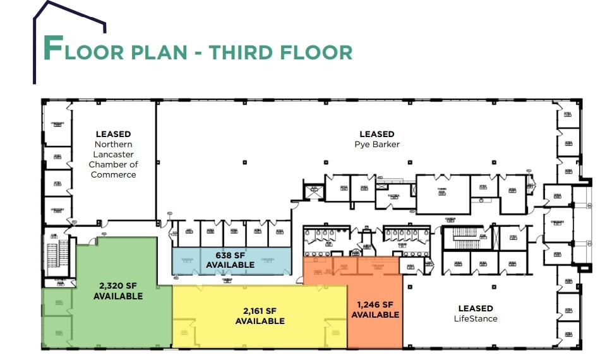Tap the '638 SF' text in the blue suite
(231, 255)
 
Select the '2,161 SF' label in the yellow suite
(260, 311)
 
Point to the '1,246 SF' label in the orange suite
(375, 304)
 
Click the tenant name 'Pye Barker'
(377, 144)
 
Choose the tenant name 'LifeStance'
(476, 318)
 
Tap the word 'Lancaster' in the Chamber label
(114, 154)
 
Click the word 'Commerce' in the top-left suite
(114, 174)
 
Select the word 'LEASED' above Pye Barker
(377, 134)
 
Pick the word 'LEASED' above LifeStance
(476, 308)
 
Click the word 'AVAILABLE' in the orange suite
(375, 315)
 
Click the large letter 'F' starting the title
(53, 49)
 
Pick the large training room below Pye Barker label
(443, 195)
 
